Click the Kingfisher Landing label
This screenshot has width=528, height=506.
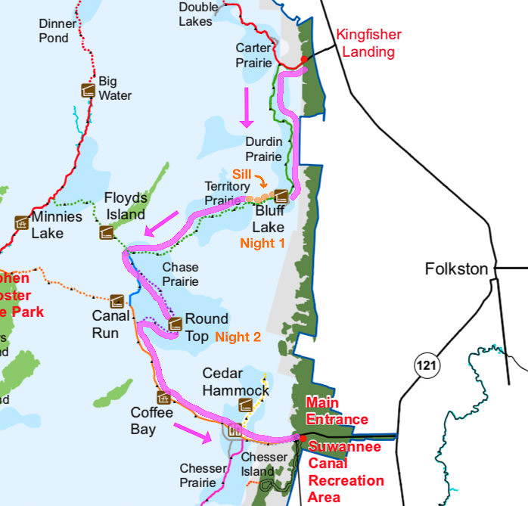(368, 43)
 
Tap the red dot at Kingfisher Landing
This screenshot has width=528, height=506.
(304, 59)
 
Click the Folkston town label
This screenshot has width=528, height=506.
(456, 269)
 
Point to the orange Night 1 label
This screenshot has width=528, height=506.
(262, 244)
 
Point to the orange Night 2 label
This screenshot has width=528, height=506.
(238, 337)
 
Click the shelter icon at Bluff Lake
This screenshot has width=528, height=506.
(280, 195)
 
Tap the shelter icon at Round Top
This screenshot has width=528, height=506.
(175, 324)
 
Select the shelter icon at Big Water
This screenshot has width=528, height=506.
(89, 90)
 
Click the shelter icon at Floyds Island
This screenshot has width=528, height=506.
(107, 231)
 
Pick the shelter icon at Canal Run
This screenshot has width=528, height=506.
(116, 300)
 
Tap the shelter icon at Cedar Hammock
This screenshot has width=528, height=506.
(244, 405)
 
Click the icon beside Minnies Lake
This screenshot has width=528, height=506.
(22, 223)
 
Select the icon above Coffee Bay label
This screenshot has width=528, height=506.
(163, 397)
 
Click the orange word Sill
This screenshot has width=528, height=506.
(241, 174)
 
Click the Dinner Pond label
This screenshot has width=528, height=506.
(58, 30)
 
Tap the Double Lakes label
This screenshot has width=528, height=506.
(195, 14)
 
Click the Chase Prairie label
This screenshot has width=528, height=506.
(180, 275)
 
